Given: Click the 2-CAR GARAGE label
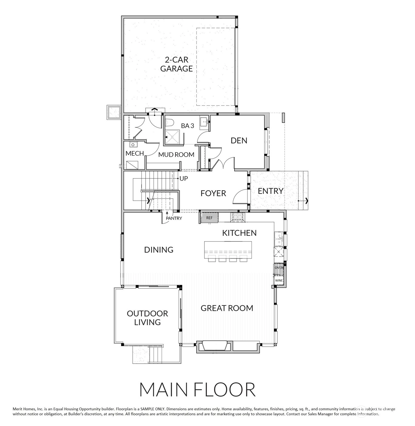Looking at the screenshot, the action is (176, 64).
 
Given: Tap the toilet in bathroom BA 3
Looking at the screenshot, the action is (169, 123).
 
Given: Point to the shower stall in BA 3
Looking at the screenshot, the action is (172, 137).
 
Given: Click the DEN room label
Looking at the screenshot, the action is (239, 141).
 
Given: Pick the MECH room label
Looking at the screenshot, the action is (135, 153).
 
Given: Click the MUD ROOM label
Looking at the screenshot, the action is (176, 155).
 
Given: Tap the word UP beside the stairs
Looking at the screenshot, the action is (184, 179).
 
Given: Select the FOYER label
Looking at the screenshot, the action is (213, 193).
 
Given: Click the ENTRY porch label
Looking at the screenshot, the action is (271, 191).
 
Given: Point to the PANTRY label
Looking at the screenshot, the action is (174, 218).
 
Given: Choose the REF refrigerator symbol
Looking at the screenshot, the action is (209, 218).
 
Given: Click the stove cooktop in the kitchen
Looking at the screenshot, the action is (238, 218).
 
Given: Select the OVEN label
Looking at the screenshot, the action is (279, 268).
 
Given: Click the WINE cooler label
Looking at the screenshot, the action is (278, 280).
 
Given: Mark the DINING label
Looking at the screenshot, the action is (159, 250).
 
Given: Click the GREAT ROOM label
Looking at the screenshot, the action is (227, 308).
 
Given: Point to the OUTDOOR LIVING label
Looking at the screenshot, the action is (147, 318).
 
